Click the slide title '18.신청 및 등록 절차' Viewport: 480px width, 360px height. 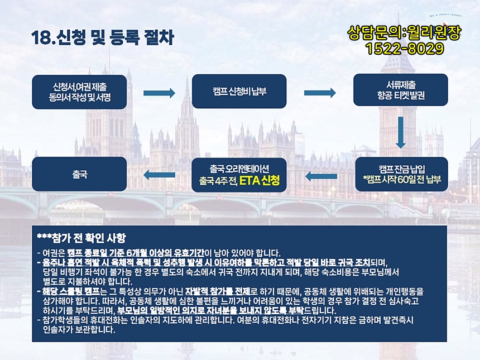pyautogui.click(x=103, y=37)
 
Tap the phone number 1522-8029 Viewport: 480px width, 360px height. pyautogui.click(x=405, y=49)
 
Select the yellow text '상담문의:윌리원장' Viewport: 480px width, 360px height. pyautogui.click(x=404, y=33)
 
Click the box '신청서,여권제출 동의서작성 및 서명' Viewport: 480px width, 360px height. pyautogui.click(x=79, y=92)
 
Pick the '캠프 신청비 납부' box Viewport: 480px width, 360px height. pyautogui.click(x=239, y=91)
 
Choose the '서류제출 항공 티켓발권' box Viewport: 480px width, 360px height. pyautogui.click(x=400, y=90)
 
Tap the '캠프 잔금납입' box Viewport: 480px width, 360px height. pyautogui.click(x=402, y=174)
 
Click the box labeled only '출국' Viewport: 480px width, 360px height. pyautogui.click(x=79, y=174)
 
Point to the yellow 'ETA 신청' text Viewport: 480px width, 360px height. pyautogui.click(x=260, y=181)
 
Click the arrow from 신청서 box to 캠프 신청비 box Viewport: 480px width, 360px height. pyautogui.click(x=159, y=93)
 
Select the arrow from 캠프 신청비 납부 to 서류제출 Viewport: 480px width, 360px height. pyautogui.click(x=320, y=93)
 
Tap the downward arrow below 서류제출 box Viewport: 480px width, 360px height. pyautogui.click(x=401, y=132)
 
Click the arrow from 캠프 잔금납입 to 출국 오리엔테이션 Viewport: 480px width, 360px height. pyautogui.click(x=321, y=176)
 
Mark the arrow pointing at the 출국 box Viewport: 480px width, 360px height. pyautogui.click(x=159, y=175)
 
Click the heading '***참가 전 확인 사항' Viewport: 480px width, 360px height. pyautogui.click(x=81, y=238)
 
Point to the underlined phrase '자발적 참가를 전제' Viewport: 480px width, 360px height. pyautogui.click(x=218, y=291)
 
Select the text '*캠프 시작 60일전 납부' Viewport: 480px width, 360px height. pyautogui.click(x=404, y=180)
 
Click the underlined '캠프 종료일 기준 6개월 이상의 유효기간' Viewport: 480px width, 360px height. pyautogui.click(x=136, y=253)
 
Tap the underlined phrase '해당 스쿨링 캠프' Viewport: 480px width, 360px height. pyautogui.click(x=71, y=291)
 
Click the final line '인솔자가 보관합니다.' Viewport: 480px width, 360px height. pyautogui.click(x=79, y=330)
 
